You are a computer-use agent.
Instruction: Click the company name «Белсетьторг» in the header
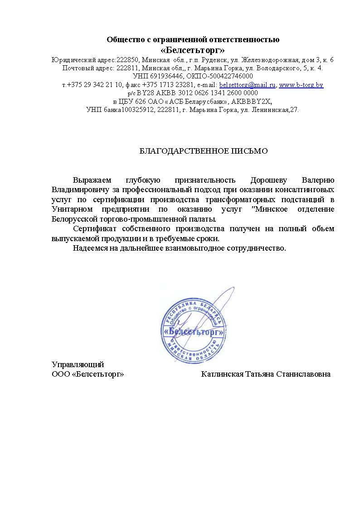click(193, 49)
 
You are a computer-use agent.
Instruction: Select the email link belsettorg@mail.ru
click(248, 85)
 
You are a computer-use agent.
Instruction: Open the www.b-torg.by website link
click(301, 85)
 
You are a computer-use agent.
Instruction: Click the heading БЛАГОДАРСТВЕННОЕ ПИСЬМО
click(204, 151)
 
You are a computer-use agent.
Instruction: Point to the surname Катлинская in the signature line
click(222, 374)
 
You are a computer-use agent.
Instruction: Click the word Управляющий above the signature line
click(78, 364)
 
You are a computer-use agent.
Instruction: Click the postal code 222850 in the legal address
click(129, 60)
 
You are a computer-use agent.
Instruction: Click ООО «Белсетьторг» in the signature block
click(88, 374)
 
